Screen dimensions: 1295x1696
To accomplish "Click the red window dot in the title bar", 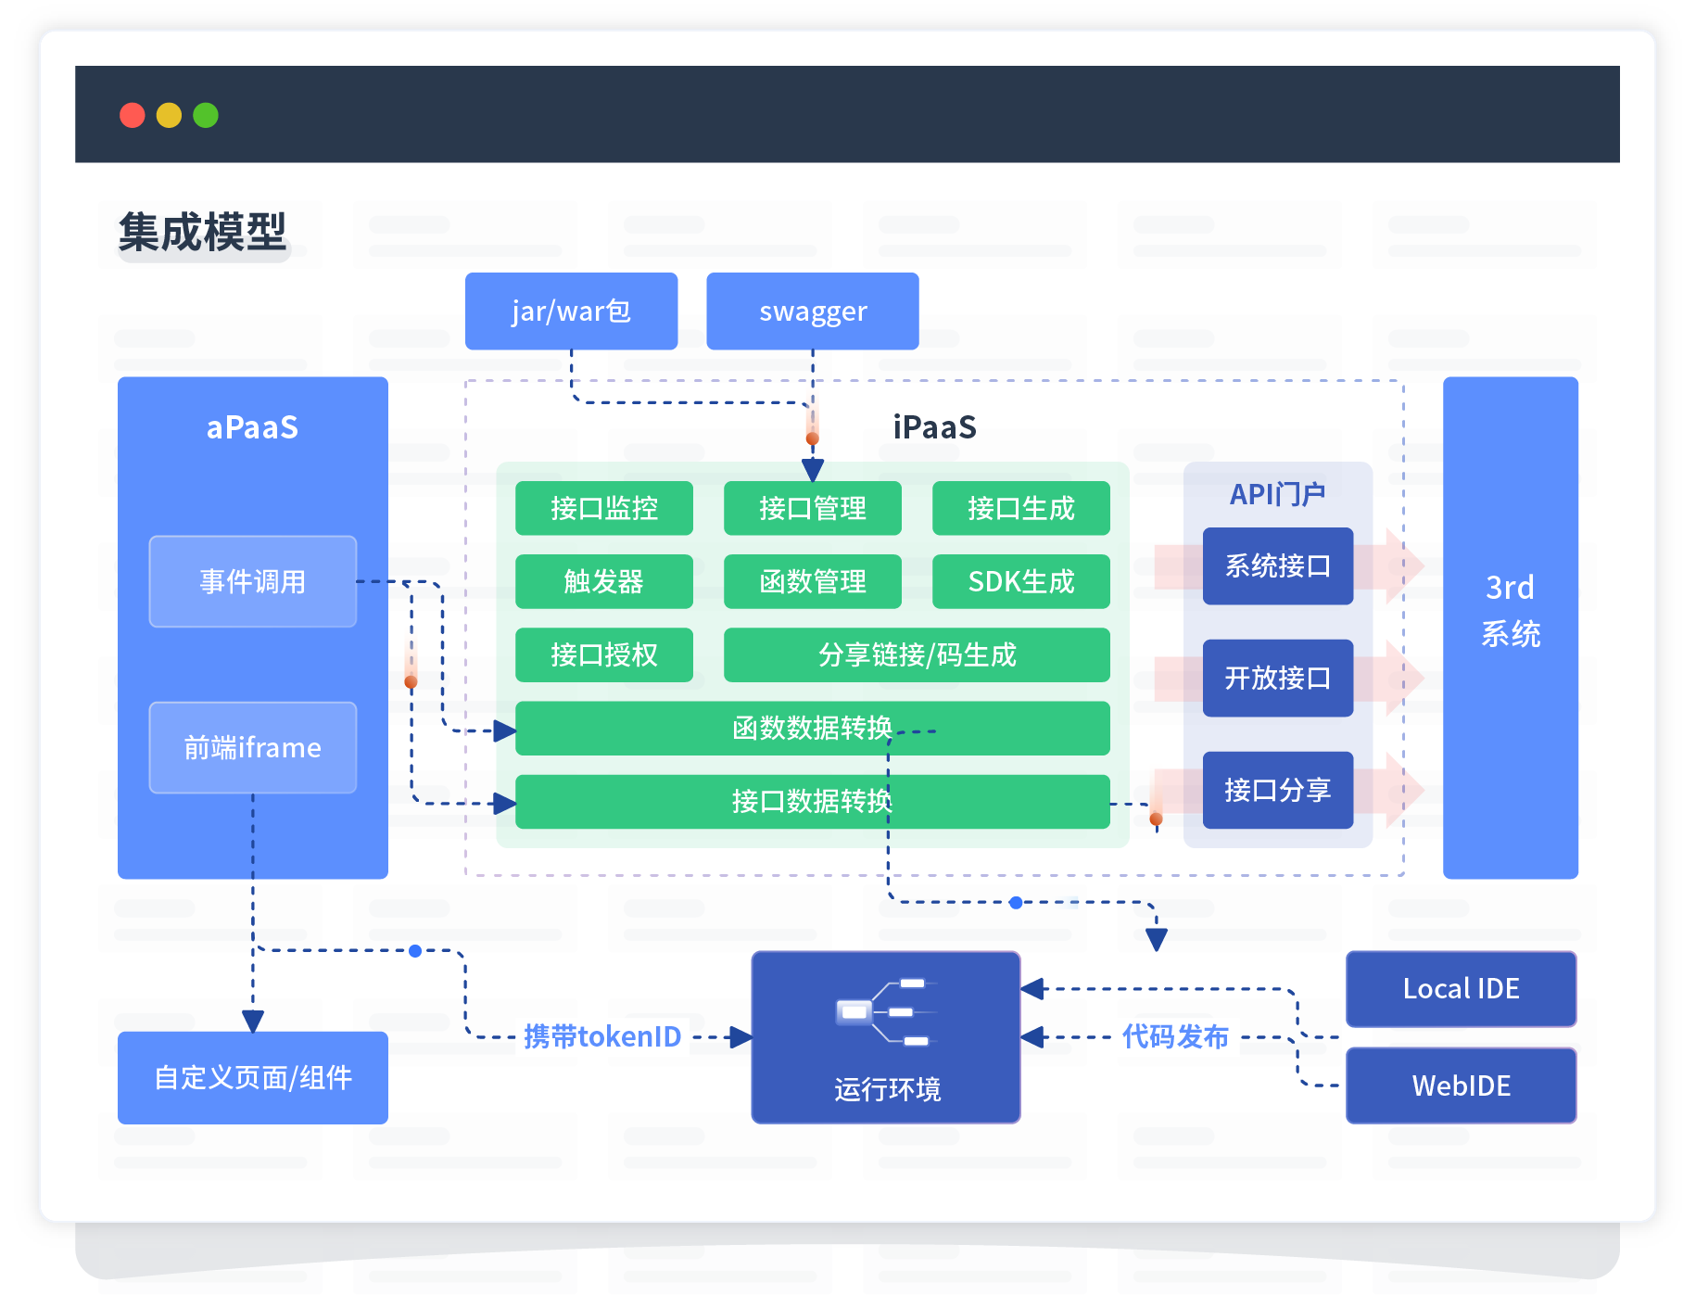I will click(x=133, y=115).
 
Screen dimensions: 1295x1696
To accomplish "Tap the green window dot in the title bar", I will click(x=206, y=115).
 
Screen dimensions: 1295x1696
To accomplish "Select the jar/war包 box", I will click(x=571, y=311).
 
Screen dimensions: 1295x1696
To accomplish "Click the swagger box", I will click(x=813, y=311).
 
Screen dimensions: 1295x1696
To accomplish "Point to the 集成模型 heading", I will click(x=202, y=232).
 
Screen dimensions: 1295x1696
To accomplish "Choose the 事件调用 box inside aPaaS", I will click(x=253, y=581).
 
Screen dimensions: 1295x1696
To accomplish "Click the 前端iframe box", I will click(x=253, y=747).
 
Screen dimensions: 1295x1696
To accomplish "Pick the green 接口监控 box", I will click(x=604, y=508).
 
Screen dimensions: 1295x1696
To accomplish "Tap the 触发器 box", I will click(x=604, y=581).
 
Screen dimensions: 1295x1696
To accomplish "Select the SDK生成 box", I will click(x=1020, y=581).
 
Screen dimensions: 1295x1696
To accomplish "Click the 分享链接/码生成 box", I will click(x=917, y=654).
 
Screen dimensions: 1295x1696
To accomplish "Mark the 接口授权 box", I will click(x=604, y=654).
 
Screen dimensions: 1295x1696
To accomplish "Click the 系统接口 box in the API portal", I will click(x=1278, y=566).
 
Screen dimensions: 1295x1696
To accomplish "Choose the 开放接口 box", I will click(x=1278, y=678).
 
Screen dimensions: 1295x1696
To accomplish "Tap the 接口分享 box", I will click(x=1278, y=790).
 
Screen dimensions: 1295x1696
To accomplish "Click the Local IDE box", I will click(x=1461, y=989).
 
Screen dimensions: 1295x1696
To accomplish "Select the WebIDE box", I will click(x=1461, y=1086).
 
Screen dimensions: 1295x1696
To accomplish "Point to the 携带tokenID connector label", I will click(x=602, y=1036).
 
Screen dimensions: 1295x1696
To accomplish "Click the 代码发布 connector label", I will click(x=1175, y=1036).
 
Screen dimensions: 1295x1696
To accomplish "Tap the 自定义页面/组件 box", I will click(x=253, y=1077).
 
